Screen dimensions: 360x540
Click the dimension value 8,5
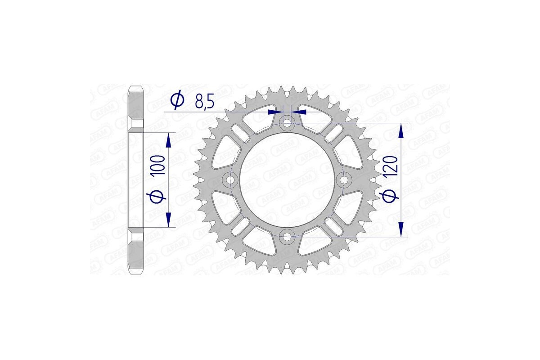[x=204, y=102]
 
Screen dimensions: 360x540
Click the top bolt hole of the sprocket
[x=287, y=123]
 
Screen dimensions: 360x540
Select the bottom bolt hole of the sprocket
[x=287, y=236]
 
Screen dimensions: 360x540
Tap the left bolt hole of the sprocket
[x=231, y=180]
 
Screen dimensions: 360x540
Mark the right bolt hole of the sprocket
[x=344, y=180]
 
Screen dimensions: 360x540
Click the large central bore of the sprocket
[x=287, y=180]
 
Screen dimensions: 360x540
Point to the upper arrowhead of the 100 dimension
[x=169, y=140]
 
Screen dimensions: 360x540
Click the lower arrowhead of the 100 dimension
[x=169, y=220]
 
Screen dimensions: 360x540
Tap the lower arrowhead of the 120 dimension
[x=400, y=229]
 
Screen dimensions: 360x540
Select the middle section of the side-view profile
[x=136, y=180]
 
